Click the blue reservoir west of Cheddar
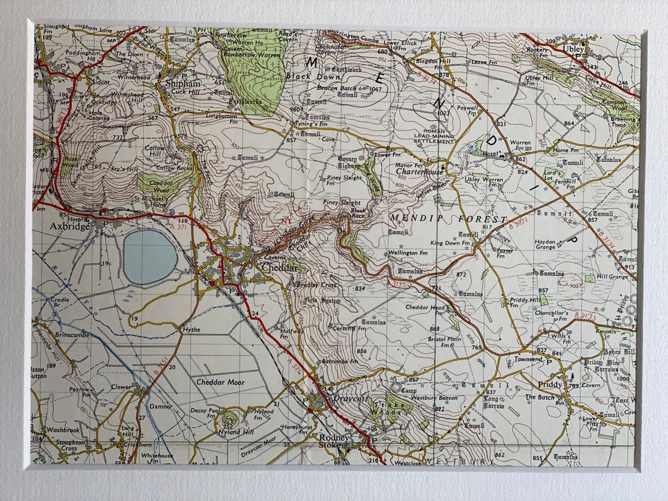(x=150, y=257)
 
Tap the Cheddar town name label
(x=281, y=268)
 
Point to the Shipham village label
(x=183, y=83)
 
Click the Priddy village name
(x=550, y=385)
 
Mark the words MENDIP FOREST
(x=448, y=219)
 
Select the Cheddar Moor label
(x=220, y=382)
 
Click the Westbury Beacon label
(x=434, y=398)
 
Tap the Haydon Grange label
(x=545, y=245)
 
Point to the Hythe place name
(x=191, y=330)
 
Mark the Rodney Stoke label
(x=334, y=440)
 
